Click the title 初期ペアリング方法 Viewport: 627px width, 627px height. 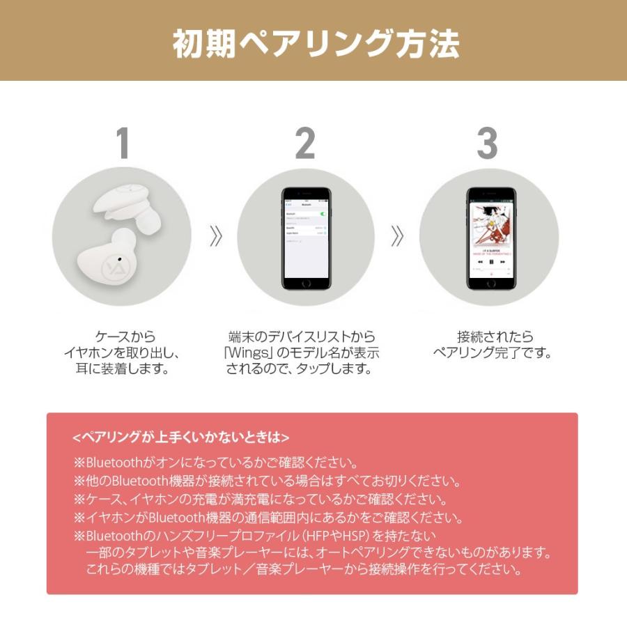[316, 44]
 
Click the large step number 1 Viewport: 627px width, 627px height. [123, 144]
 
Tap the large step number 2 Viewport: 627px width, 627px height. [305, 144]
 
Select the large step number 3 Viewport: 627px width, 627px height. [487, 144]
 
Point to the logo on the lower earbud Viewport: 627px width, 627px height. [111, 267]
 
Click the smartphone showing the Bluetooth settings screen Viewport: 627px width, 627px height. [306, 238]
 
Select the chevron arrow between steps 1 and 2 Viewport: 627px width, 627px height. [215, 237]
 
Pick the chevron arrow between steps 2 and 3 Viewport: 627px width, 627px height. [397, 237]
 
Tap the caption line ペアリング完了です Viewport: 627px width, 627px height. [492, 353]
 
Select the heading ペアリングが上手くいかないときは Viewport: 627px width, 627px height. [180, 438]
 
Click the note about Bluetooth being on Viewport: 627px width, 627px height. [215, 463]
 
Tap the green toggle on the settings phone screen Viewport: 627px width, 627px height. [322, 213]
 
